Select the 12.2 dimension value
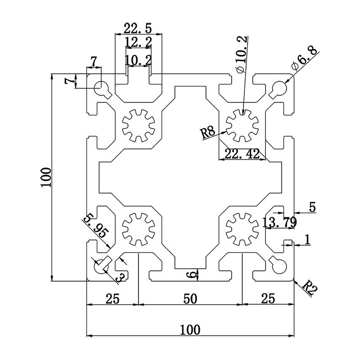[138, 43]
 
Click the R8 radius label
[208, 133]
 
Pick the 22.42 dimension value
[242, 154]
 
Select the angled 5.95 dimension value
[95, 226]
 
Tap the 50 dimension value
[190, 298]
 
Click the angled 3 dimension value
[120, 276]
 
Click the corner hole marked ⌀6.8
[279, 87]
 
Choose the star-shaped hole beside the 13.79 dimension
[243, 228]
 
